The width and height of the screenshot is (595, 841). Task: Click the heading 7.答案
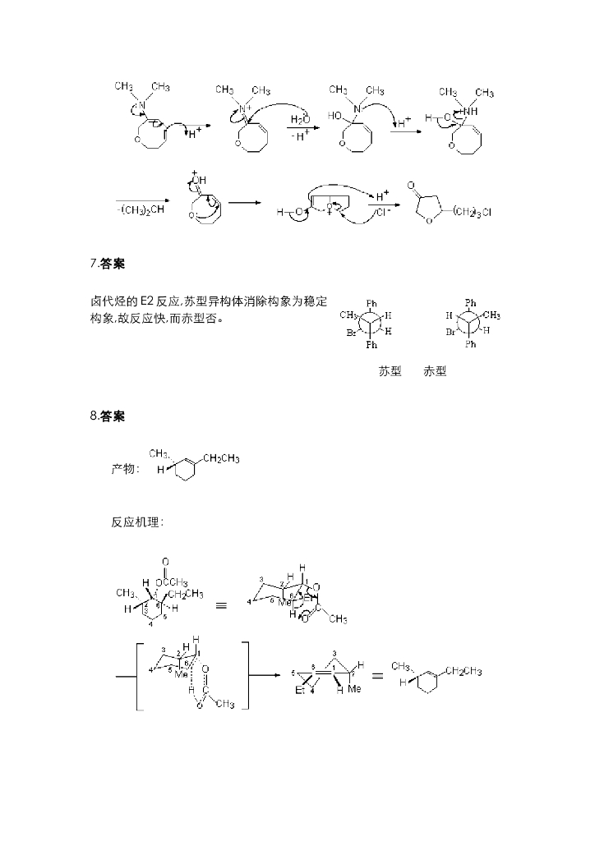[108, 264]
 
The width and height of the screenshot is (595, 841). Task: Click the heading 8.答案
[108, 417]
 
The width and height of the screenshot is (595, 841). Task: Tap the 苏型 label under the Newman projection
[390, 371]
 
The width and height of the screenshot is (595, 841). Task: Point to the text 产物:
[126, 469]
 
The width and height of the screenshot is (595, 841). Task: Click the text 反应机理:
[137, 522]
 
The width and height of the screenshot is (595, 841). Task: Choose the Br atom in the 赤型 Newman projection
[450, 333]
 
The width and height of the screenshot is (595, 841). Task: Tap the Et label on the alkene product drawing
[300, 691]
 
